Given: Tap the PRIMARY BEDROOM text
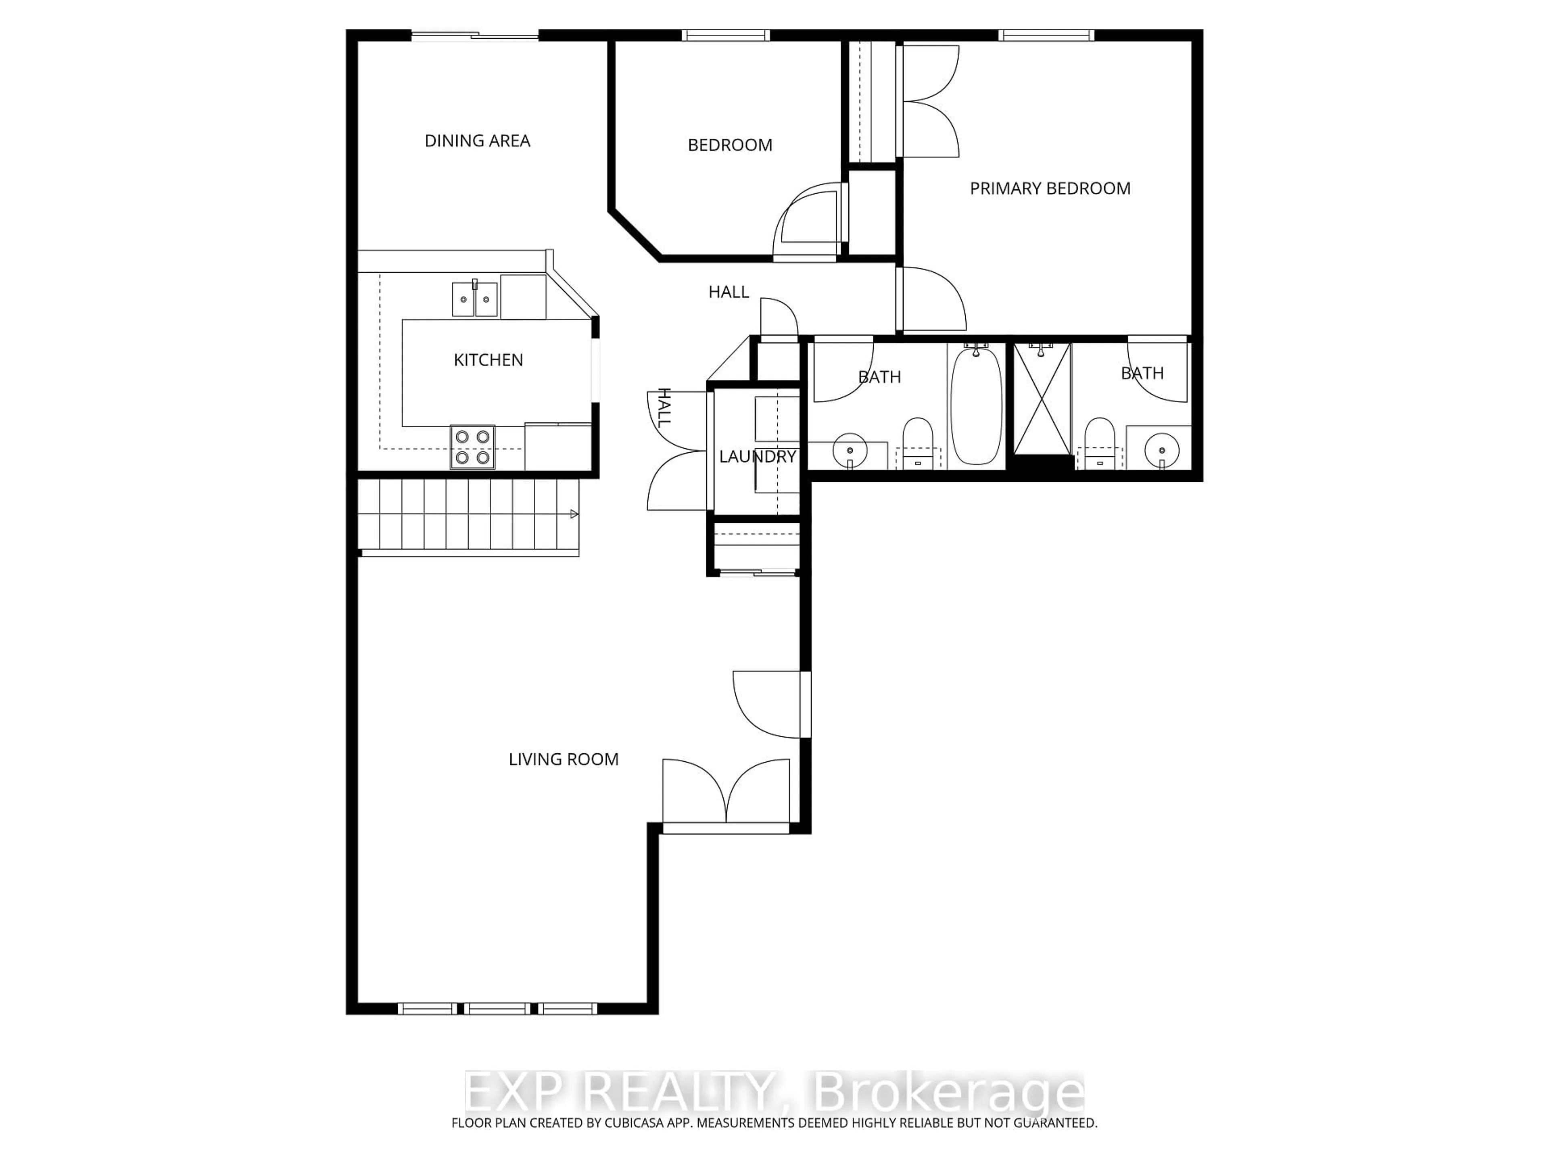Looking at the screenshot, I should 1049,188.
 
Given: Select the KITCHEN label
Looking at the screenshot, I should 488,360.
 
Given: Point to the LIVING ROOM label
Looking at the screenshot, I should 563,759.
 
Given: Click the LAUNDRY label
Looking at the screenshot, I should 757,457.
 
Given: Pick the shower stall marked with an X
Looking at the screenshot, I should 1042,399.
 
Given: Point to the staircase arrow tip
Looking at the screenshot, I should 576,514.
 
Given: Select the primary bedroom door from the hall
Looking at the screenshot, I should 931,300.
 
